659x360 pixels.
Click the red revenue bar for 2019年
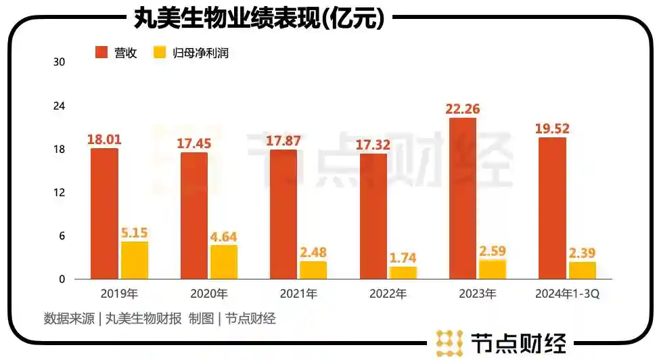pyautogui.click(x=104, y=213)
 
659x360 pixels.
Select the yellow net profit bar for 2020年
pyautogui.click(x=224, y=262)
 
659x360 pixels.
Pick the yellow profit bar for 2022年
pyautogui.click(x=403, y=272)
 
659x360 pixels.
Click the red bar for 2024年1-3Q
pyautogui.click(x=552, y=208)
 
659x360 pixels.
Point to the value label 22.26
pyautogui.click(x=463, y=108)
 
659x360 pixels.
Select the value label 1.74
pyautogui.click(x=403, y=258)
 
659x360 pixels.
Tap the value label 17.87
pyautogui.click(x=283, y=141)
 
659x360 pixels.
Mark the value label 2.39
pyautogui.click(x=582, y=253)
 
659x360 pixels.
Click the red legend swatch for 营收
pyautogui.click(x=102, y=52)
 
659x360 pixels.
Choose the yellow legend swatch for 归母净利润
pyautogui.click(x=160, y=52)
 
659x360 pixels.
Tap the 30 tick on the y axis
pyautogui.click(x=59, y=62)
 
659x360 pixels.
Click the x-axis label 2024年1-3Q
pyautogui.click(x=568, y=294)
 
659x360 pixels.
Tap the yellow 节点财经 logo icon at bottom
pyautogui.click(x=450, y=343)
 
